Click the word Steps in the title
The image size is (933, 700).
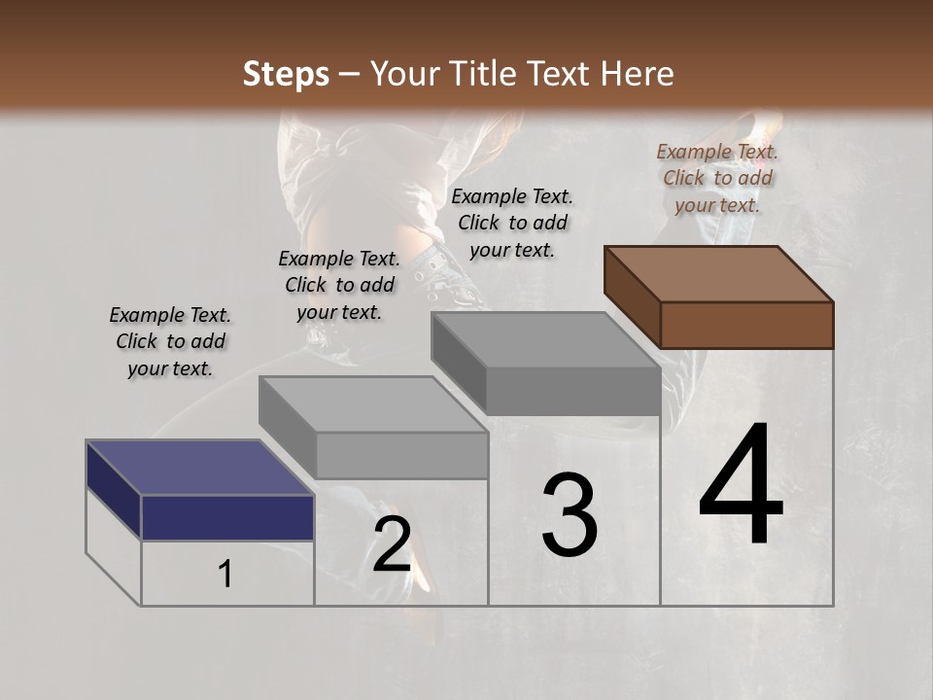[286, 74]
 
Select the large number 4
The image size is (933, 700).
[741, 486]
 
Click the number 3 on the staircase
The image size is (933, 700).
[570, 516]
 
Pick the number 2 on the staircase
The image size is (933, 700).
[392, 545]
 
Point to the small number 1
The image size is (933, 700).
[225, 575]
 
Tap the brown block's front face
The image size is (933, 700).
[746, 325]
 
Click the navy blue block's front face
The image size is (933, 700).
[227, 517]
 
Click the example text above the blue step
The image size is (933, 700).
[170, 341]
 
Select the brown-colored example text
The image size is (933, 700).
[717, 178]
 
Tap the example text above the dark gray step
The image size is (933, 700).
[512, 223]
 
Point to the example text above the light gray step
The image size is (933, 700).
[339, 285]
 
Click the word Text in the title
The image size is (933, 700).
[562, 74]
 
